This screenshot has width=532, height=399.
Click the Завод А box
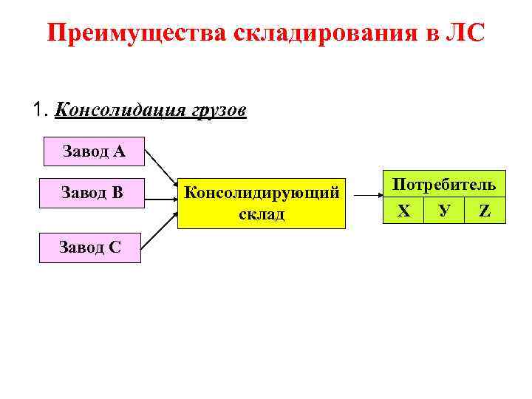[x=94, y=152]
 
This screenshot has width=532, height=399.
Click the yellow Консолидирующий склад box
[x=262, y=203]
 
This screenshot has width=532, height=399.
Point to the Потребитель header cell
[x=444, y=185]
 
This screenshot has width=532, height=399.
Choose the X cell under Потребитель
[x=403, y=211]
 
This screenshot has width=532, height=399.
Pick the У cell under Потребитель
[x=444, y=211]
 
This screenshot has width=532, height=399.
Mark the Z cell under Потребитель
[x=485, y=211]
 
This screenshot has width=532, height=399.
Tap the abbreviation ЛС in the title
[x=464, y=34]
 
